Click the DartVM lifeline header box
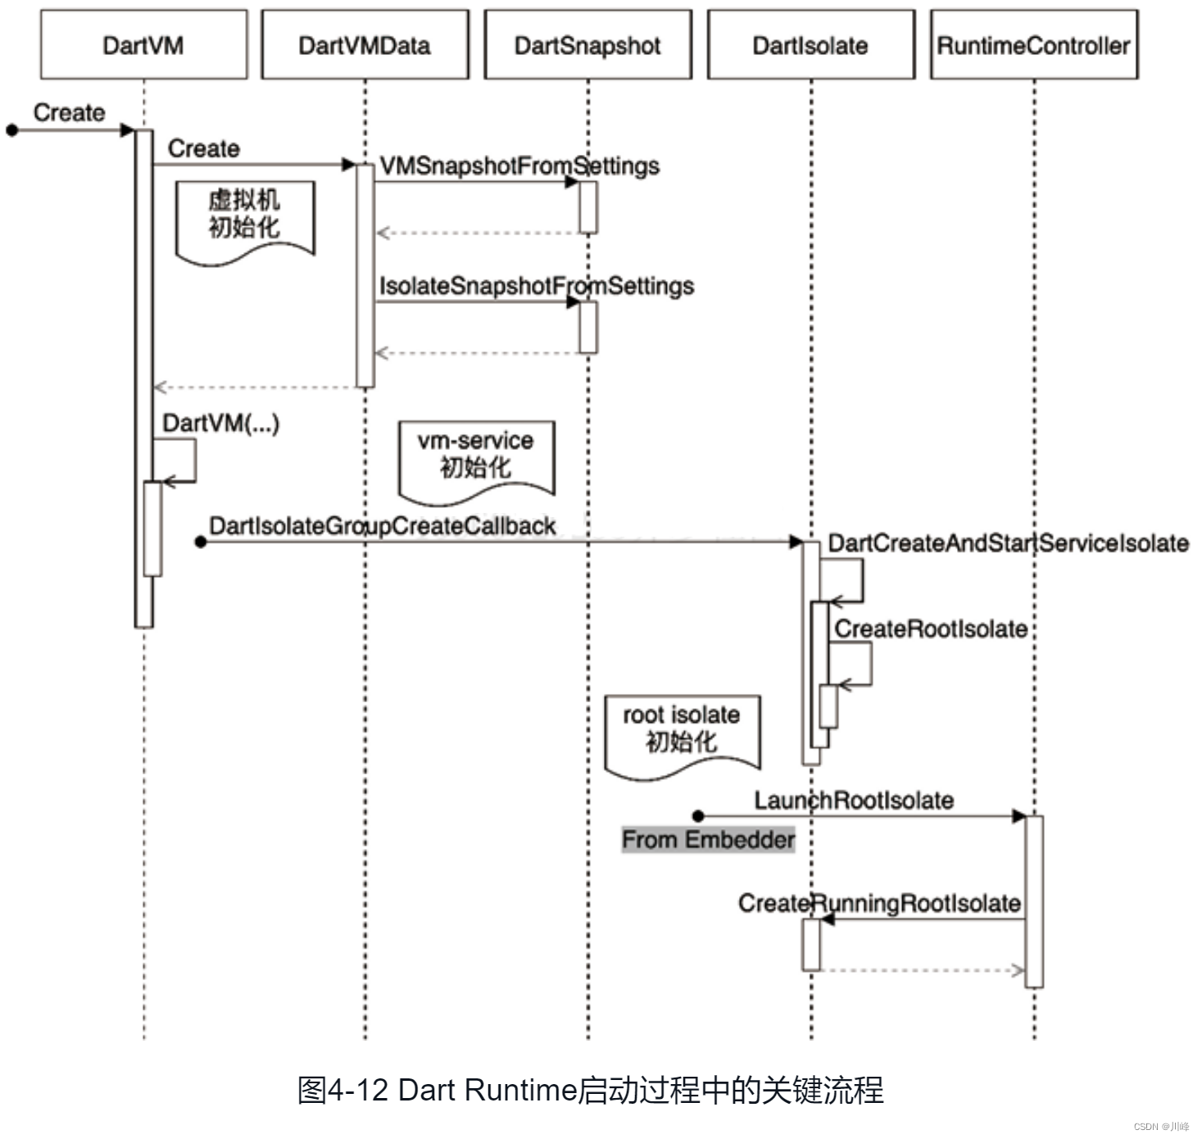pos(143,45)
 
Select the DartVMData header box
pos(365,45)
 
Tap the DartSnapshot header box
pos(587,45)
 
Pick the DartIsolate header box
pos(810,45)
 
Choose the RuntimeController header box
pos(1033,45)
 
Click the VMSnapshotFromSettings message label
pos(519,166)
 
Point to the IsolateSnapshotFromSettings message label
pos(536,286)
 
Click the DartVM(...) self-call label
pos(220,423)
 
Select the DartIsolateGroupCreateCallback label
pos(383,525)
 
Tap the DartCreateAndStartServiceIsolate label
pos(1008,543)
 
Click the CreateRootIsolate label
pos(931,628)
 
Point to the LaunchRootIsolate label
pos(854,800)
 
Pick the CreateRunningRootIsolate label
pos(879,903)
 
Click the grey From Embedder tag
pos(708,839)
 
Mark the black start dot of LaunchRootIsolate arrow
pos(698,816)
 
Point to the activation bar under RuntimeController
pos(1034,901)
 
